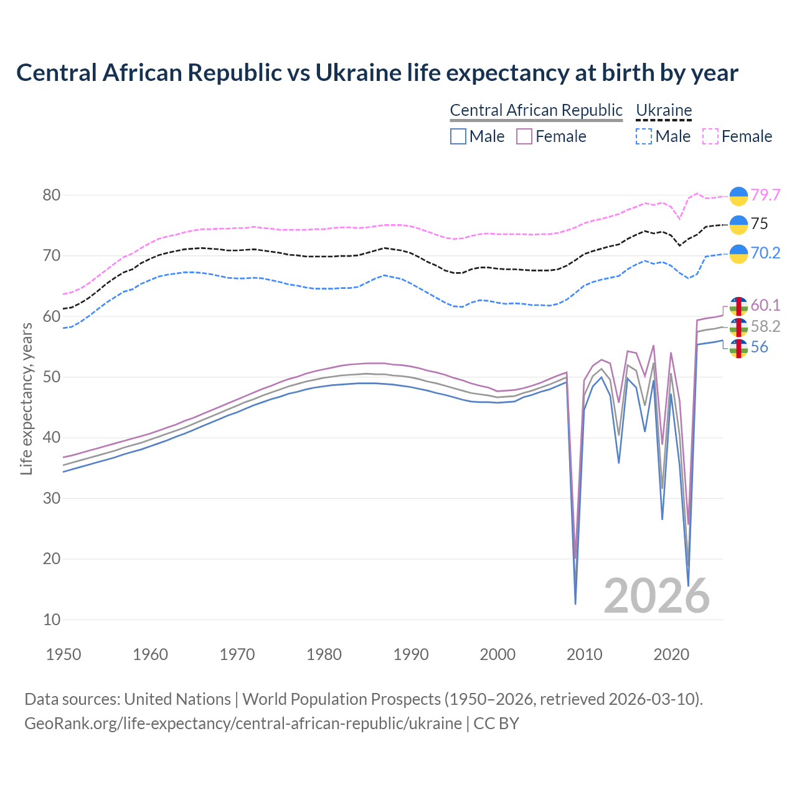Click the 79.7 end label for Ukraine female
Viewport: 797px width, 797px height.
click(765, 195)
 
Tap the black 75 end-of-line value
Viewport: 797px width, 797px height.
click(760, 224)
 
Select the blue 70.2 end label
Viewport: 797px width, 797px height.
click(765, 253)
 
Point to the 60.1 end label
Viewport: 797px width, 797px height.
click(765, 305)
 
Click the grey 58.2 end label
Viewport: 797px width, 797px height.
click(765, 326)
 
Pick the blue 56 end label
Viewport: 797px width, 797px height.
click(760, 347)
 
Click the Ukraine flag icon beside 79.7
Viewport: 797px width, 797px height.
click(738, 196)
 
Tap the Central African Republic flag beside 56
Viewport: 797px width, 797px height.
click(738, 349)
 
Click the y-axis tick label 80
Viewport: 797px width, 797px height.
click(52, 195)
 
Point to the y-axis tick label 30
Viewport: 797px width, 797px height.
click(52, 498)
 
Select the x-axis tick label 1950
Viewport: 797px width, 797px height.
click(64, 654)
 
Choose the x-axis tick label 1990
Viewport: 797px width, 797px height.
click(411, 654)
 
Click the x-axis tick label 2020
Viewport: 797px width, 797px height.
click(671, 654)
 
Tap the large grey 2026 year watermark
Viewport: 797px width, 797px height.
click(656, 596)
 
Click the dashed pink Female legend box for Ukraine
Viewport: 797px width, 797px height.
click(710, 136)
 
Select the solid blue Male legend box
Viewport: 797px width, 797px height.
click(458, 136)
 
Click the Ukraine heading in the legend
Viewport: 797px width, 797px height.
click(664, 110)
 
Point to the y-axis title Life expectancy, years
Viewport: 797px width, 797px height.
click(27, 398)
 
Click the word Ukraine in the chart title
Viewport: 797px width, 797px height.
click(358, 73)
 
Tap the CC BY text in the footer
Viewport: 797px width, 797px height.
click(496, 724)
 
